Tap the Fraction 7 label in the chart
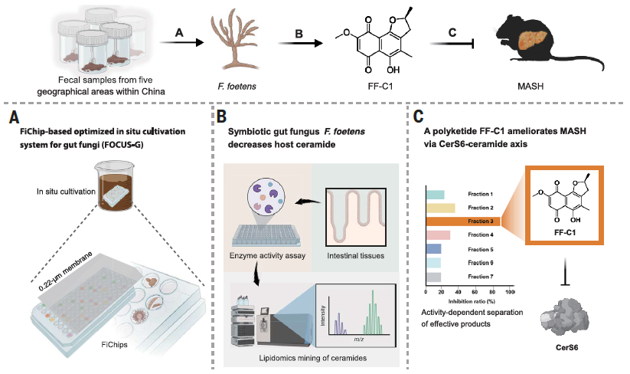(x=481, y=277)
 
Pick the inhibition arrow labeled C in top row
(x=452, y=45)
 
